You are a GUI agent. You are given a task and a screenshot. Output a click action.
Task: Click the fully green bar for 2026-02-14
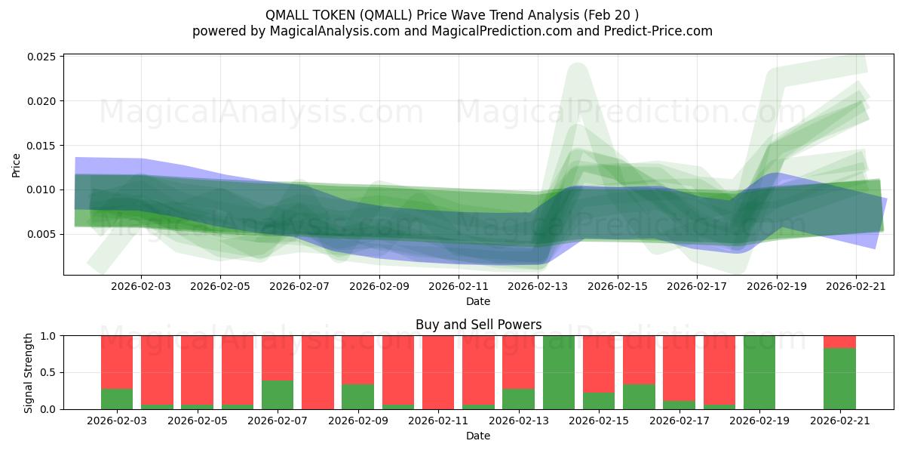tap(558, 372)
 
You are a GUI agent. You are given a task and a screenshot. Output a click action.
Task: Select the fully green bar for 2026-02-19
tap(759, 372)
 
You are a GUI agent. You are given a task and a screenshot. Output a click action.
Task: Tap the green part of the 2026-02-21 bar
tap(839, 379)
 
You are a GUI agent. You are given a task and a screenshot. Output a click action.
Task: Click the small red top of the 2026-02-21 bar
tap(839, 341)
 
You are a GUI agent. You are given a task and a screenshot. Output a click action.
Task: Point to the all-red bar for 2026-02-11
tap(438, 372)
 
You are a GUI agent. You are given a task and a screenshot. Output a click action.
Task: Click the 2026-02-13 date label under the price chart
tap(538, 287)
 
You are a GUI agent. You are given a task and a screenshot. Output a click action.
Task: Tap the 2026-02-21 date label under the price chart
tap(855, 287)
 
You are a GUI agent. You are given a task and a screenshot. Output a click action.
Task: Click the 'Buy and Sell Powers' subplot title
tap(478, 325)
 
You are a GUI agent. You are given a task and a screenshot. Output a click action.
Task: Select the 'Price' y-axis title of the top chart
tap(17, 164)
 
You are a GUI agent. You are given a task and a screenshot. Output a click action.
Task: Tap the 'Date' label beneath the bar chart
tap(478, 436)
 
